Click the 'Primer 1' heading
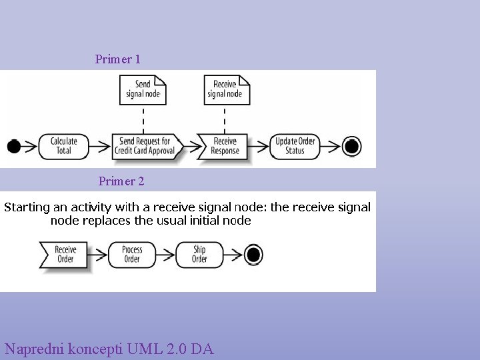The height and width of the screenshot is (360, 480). [117, 59]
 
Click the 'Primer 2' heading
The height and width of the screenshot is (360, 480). [121, 181]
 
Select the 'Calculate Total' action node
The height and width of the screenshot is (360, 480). [64, 147]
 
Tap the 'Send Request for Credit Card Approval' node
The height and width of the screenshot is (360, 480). [147, 147]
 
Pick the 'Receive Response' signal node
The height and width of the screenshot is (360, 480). [223, 147]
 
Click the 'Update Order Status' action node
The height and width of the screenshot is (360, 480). [295, 147]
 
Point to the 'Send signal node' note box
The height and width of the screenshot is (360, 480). [143, 90]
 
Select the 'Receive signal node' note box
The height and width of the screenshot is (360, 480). [227, 90]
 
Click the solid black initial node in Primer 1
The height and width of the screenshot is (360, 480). [14, 146]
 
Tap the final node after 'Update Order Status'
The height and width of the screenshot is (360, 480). [351, 146]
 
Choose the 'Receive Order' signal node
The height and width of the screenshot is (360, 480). [64, 255]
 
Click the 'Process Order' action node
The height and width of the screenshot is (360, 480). [132, 255]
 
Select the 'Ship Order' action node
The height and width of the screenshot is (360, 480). [199, 255]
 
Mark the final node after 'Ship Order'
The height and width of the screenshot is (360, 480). [253, 255]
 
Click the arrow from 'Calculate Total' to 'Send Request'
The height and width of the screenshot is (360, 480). [99, 147]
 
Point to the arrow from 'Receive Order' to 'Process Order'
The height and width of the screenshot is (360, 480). [97, 255]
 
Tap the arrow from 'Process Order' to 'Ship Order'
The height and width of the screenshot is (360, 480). [165, 255]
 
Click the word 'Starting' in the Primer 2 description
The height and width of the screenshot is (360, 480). [27, 208]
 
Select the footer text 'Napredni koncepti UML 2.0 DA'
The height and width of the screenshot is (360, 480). [109, 349]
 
